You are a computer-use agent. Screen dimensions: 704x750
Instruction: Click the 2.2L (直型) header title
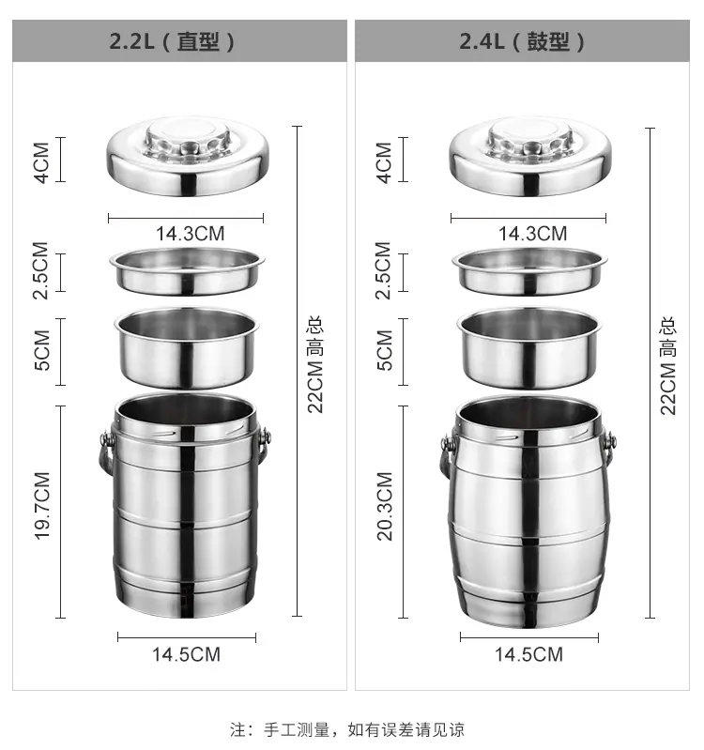[x=172, y=41]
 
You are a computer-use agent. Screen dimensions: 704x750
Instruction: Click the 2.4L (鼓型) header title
[x=522, y=41]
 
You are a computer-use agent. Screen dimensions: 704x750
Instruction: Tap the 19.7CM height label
[x=42, y=506]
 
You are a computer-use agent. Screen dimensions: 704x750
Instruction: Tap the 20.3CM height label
[x=385, y=506]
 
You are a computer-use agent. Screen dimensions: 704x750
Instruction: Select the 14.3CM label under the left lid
[x=191, y=234]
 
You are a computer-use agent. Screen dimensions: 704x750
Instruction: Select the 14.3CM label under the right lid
[x=533, y=234]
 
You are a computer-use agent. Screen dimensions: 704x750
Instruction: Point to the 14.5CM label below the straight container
[x=187, y=654]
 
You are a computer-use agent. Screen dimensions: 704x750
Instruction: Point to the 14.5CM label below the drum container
[x=529, y=654]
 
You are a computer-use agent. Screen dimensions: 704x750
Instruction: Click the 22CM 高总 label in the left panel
[x=315, y=364]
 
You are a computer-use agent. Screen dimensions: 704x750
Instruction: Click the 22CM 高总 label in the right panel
[x=668, y=365]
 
